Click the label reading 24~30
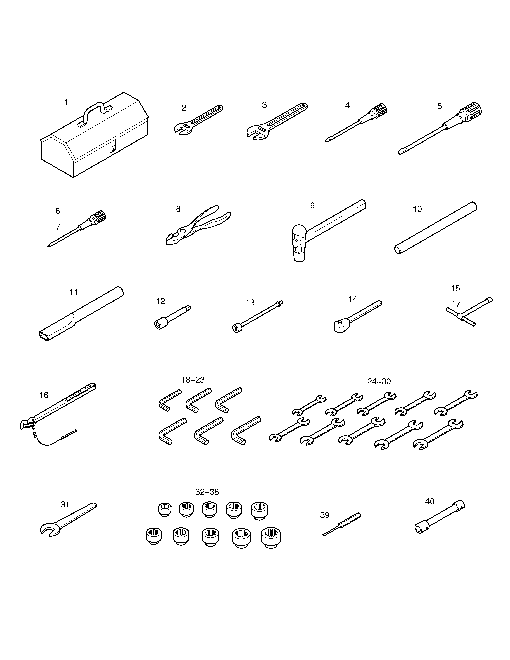tap(379, 381)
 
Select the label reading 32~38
tap(207, 492)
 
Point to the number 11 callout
tap(74, 293)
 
